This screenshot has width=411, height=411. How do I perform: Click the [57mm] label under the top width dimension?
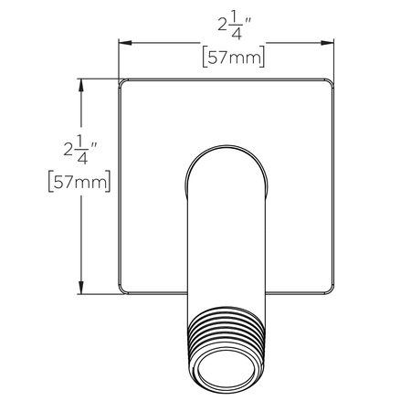[232, 59]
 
